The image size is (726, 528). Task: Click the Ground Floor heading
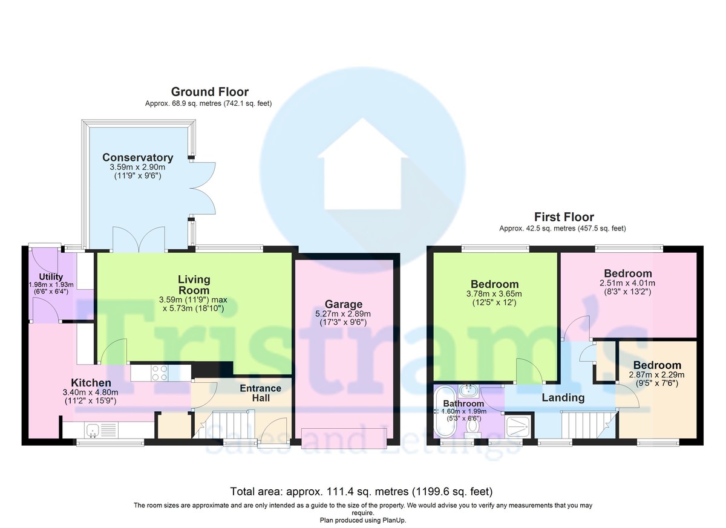point(210,92)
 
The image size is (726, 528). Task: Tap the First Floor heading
point(564,217)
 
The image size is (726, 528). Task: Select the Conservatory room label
point(138,157)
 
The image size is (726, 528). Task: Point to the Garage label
point(344,304)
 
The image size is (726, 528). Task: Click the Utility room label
point(51,277)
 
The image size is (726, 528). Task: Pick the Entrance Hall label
point(261,393)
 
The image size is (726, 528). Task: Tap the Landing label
point(563,397)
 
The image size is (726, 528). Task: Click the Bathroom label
point(463,403)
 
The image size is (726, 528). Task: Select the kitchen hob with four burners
point(160,373)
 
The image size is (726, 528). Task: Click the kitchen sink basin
point(93,430)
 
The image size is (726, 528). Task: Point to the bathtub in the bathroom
point(445,412)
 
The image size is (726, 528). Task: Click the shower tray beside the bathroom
point(518,427)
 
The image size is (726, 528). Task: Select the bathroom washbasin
point(468,389)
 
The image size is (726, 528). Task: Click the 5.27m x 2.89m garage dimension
point(343,314)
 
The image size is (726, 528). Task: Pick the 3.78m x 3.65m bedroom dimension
point(494,294)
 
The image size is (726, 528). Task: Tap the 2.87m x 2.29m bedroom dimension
point(656,375)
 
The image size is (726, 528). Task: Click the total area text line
point(361,491)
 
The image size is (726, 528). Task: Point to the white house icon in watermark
point(362,165)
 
